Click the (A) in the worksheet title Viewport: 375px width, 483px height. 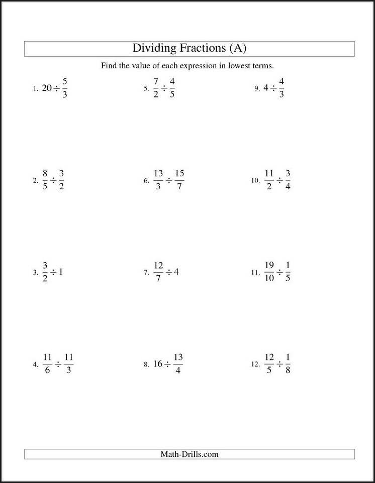(x=237, y=48)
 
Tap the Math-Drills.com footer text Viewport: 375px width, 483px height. (x=190, y=454)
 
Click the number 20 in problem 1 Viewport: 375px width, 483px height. (x=47, y=88)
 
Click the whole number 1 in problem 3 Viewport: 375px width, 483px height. (x=61, y=272)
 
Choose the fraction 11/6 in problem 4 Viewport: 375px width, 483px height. (x=48, y=365)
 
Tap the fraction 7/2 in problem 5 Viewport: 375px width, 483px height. (x=156, y=88)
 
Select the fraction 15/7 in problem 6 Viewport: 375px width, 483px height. (x=179, y=180)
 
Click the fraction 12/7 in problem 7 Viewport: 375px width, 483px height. (x=159, y=272)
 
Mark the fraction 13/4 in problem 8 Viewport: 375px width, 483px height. (x=177, y=365)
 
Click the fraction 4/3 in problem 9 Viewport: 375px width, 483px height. (x=281, y=88)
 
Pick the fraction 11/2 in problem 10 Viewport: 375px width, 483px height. (x=269, y=180)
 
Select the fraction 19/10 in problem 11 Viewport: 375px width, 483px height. (x=269, y=272)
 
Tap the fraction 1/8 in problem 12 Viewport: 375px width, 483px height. (x=288, y=365)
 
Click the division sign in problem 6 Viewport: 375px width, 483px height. (x=168, y=181)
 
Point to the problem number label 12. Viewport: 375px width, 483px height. (x=254, y=365)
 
